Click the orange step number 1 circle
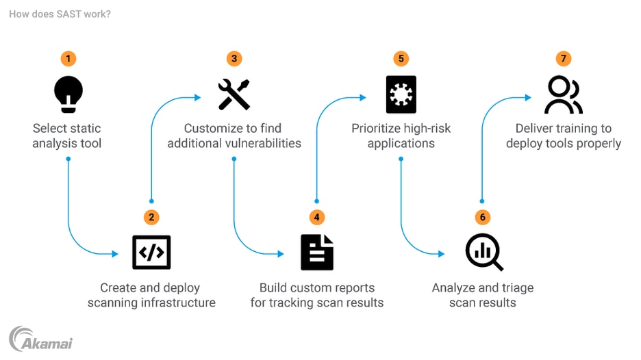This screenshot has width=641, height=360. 68,59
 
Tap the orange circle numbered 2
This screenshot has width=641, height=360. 151,217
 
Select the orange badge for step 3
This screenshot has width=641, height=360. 234,59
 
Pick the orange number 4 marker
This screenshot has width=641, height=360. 316,217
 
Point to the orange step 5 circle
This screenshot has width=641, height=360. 401,59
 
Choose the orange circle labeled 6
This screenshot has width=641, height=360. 483,217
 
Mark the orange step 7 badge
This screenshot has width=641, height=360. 564,59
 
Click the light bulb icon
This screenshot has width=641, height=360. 68,94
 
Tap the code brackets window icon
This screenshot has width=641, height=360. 151,252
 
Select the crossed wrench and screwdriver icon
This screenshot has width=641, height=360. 234,94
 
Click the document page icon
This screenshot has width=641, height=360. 316,252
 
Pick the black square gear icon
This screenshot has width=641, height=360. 401,94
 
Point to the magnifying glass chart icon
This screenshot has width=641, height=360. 484,253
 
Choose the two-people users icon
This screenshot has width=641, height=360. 564,95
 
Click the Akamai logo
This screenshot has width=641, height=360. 40,339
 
